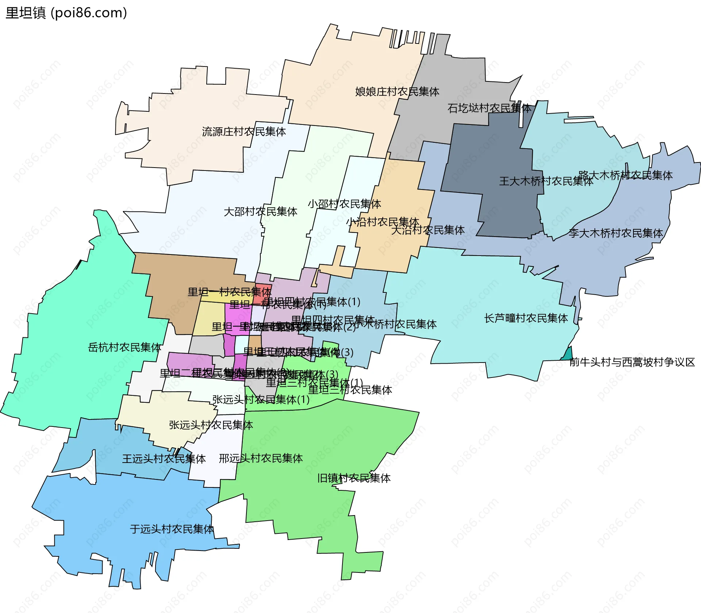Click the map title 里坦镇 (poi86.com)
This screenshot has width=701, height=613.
coord(66,13)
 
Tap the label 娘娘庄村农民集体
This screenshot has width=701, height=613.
coord(397,92)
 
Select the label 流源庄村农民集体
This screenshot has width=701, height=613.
coord(244,131)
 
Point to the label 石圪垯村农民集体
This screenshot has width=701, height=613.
coord(489,108)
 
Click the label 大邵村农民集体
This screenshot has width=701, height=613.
coord(260,211)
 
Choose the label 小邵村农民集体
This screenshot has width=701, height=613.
coord(344,204)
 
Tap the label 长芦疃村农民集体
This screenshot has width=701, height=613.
coord(526,318)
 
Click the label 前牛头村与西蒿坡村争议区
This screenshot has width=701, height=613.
coord(632,362)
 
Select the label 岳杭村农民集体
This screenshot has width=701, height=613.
coord(125,347)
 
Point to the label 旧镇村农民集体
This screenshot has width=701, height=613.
coord(354,478)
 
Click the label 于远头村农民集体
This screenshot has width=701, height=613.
coord(172,529)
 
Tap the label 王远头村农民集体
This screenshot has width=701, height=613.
coord(164,459)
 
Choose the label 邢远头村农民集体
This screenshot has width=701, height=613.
coord(261,458)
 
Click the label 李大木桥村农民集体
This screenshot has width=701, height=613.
coord(615,233)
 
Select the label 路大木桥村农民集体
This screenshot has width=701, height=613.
coord(625,175)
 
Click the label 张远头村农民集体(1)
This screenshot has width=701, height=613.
coord(261,399)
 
